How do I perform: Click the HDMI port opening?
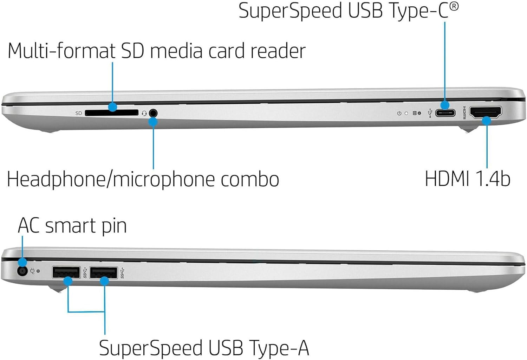(486, 112)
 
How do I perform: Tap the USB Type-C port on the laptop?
(445, 113)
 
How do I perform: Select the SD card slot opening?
(112, 113)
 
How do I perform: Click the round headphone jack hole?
(153, 113)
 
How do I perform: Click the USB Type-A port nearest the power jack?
(66, 272)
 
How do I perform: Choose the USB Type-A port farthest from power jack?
(103, 272)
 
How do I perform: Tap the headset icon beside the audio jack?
(144, 113)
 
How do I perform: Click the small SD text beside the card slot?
(79, 113)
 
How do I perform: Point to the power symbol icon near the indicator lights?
(399, 113)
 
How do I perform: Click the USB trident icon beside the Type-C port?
(430, 113)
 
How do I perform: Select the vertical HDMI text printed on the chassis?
(464, 112)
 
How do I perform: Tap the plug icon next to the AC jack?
(32, 271)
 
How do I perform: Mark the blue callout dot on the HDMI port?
(487, 121)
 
